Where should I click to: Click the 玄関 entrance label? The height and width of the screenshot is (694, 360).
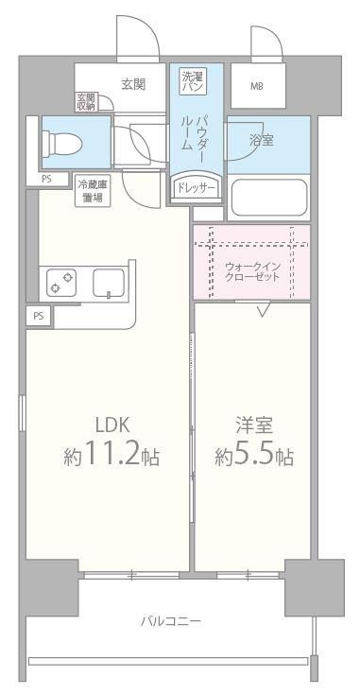pyautogui.click(x=133, y=84)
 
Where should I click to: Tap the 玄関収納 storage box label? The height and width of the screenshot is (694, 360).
pyautogui.click(x=86, y=101)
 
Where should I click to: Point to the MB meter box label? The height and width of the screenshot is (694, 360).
pyautogui.click(x=257, y=87)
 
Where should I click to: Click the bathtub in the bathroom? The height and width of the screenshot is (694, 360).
pyautogui.click(x=269, y=199)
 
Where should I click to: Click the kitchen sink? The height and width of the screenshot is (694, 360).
pyautogui.click(x=107, y=284)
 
